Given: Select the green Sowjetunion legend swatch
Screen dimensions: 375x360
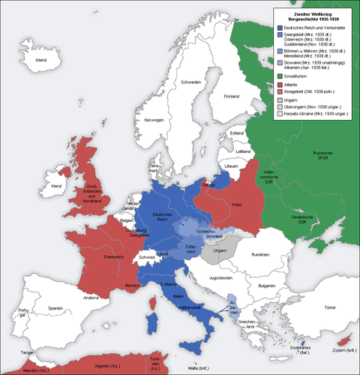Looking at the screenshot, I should pyautogui.click(x=279, y=75).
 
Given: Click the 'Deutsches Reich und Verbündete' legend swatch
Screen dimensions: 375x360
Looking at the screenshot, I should pyautogui.click(x=279, y=27).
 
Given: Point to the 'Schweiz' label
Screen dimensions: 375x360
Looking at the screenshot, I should pyautogui.click(x=145, y=256).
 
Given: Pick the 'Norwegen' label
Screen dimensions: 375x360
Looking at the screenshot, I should pyautogui.click(x=154, y=120).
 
